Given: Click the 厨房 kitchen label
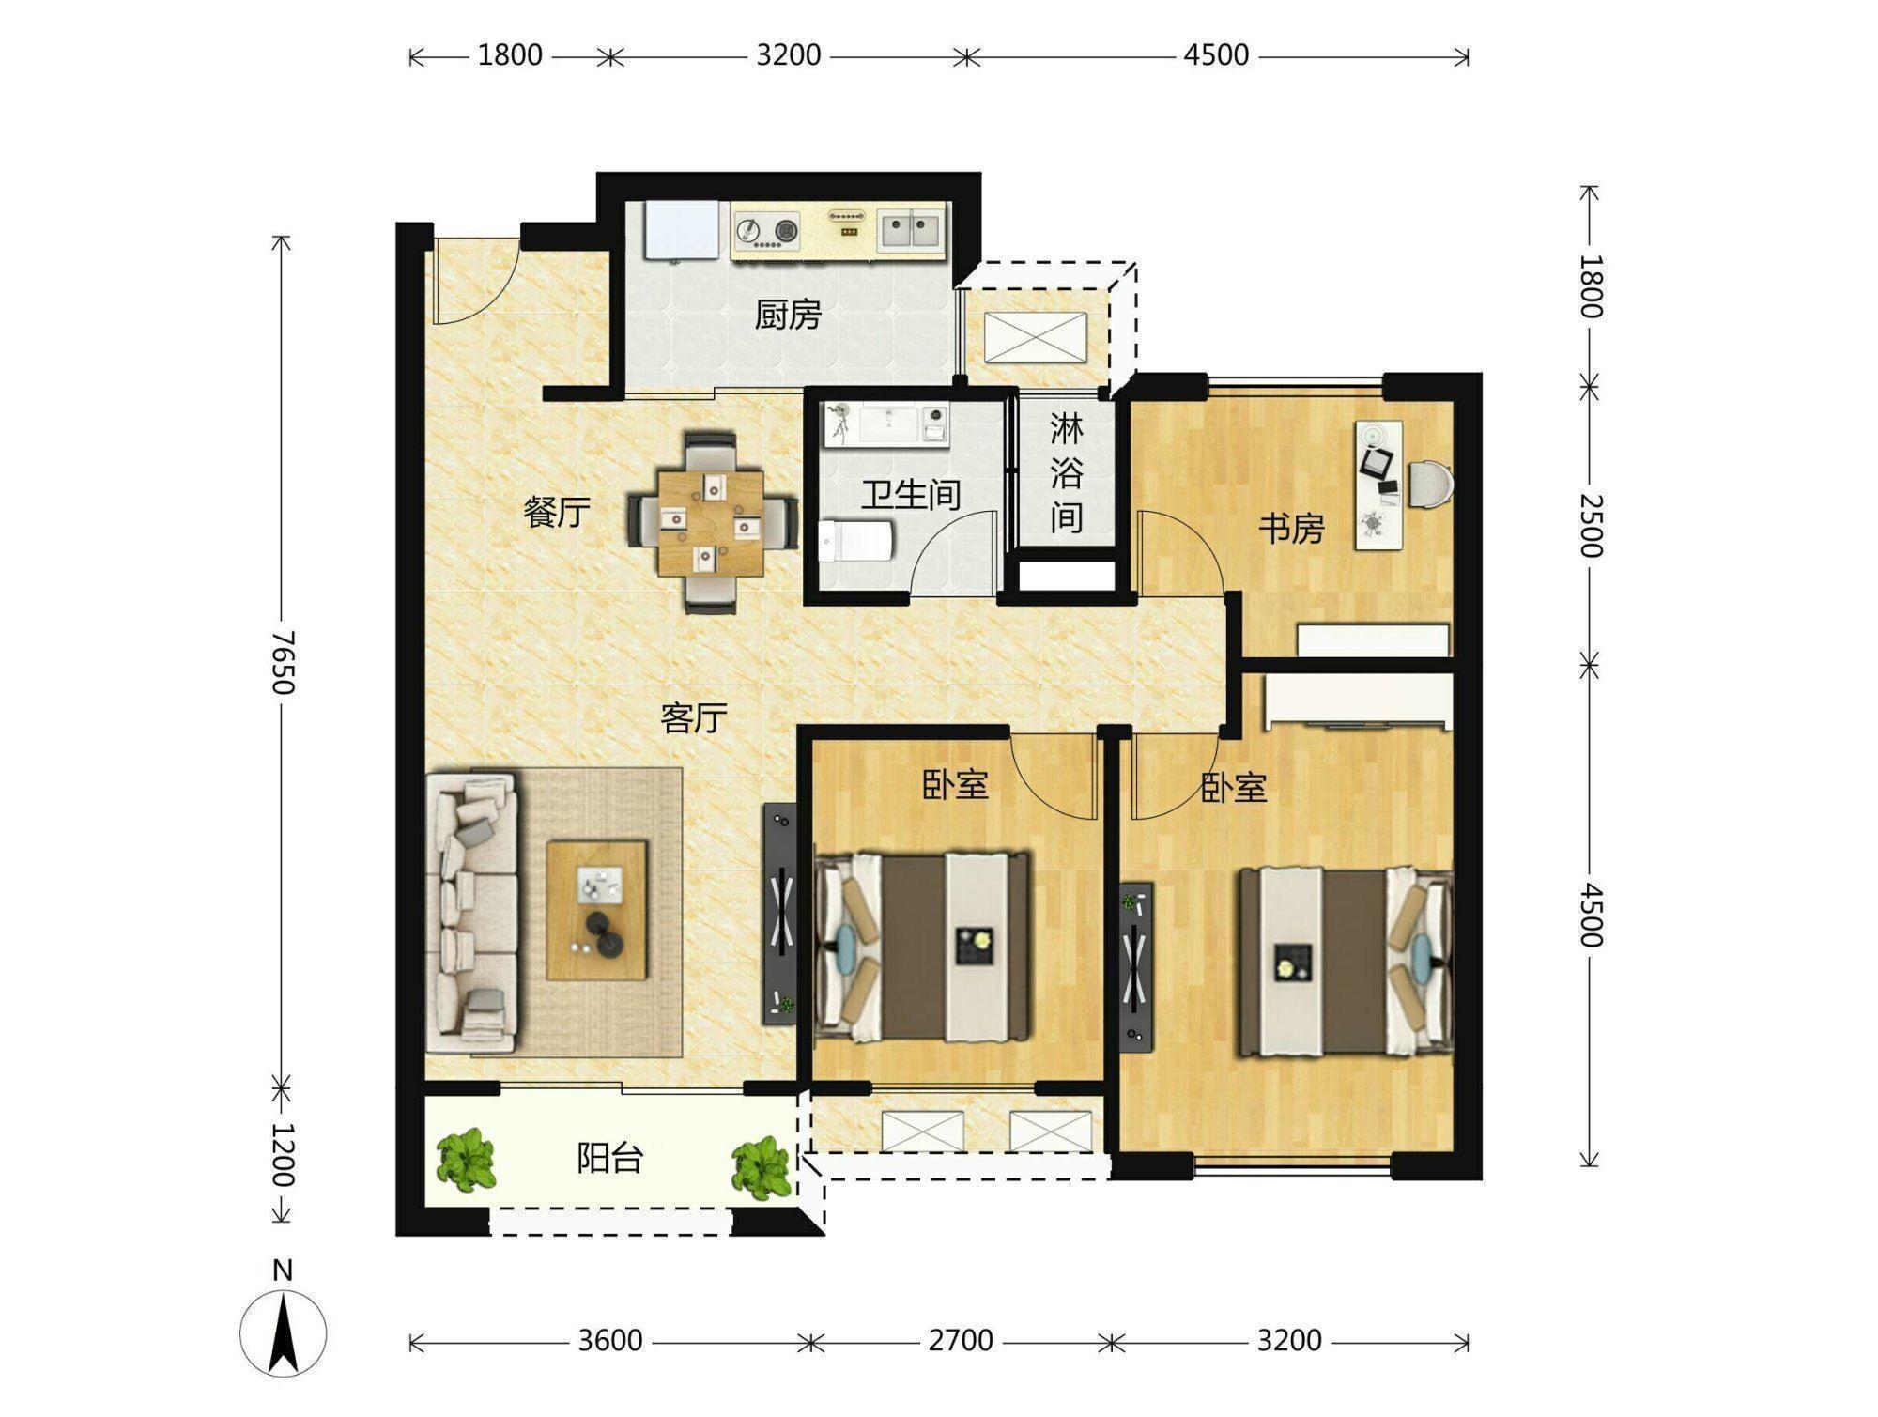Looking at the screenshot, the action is point(788,315).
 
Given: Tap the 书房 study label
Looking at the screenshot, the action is point(1291,530).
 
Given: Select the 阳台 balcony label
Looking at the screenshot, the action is point(609,1159).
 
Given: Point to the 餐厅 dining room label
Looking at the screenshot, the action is point(557,513).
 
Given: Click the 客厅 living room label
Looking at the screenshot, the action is point(694,718).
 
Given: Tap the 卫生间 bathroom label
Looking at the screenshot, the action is point(911,495).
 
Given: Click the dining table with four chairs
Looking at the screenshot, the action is point(713,523).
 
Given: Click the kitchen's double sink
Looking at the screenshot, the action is point(910,229).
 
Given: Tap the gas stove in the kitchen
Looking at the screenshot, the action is point(766,231).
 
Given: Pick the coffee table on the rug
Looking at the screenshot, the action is point(597,911).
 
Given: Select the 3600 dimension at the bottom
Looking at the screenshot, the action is point(610,1340).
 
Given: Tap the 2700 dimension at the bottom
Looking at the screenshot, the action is point(961,1340).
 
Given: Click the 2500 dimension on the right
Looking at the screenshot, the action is point(1589,525).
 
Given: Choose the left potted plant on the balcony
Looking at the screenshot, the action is point(466,1161).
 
